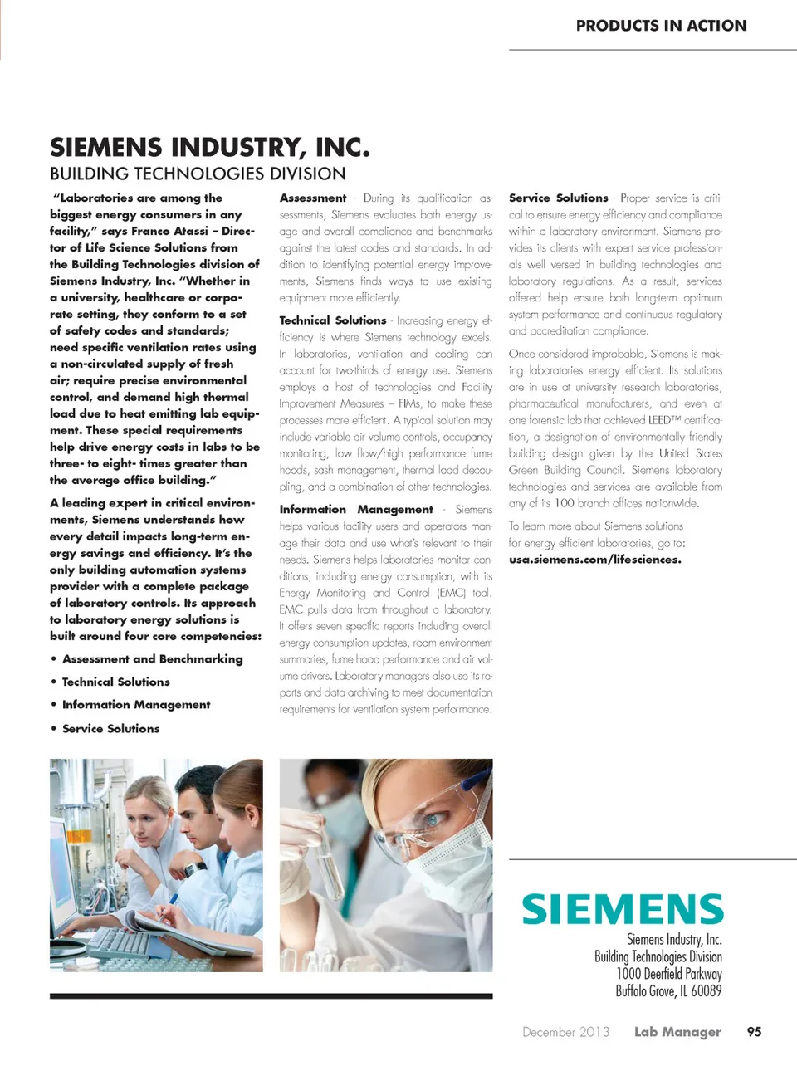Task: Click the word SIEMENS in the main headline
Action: pos(106,148)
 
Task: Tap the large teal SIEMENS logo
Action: pos(623,909)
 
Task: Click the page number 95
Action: pos(754,1032)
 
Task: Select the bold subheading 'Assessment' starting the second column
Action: pos(313,198)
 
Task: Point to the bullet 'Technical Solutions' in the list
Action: pos(115,682)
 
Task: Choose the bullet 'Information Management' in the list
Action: pos(135,705)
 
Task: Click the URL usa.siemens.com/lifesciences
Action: pos(594,560)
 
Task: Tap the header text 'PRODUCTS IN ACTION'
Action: pos(661,26)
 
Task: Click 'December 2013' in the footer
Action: pos(565,1032)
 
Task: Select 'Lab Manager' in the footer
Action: pos(677,1032)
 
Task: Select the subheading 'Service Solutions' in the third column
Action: pos(558,198)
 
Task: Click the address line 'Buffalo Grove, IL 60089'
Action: pos(668,990)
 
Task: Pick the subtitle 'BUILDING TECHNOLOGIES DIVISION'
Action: pos(198,174)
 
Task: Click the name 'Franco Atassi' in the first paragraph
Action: pos(169,232)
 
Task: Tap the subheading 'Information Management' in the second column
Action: pos(355,510)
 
